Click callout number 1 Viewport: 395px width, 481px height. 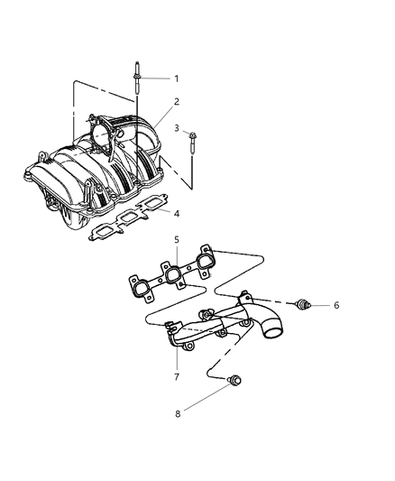click(x=177, y=79)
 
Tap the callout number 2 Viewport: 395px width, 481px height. click(x=177, y=101)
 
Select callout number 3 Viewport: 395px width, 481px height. click(x=177, y=128)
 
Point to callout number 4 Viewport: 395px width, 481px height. click(x=177, y=213)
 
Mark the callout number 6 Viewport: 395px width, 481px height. click(x=335, y=306)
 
